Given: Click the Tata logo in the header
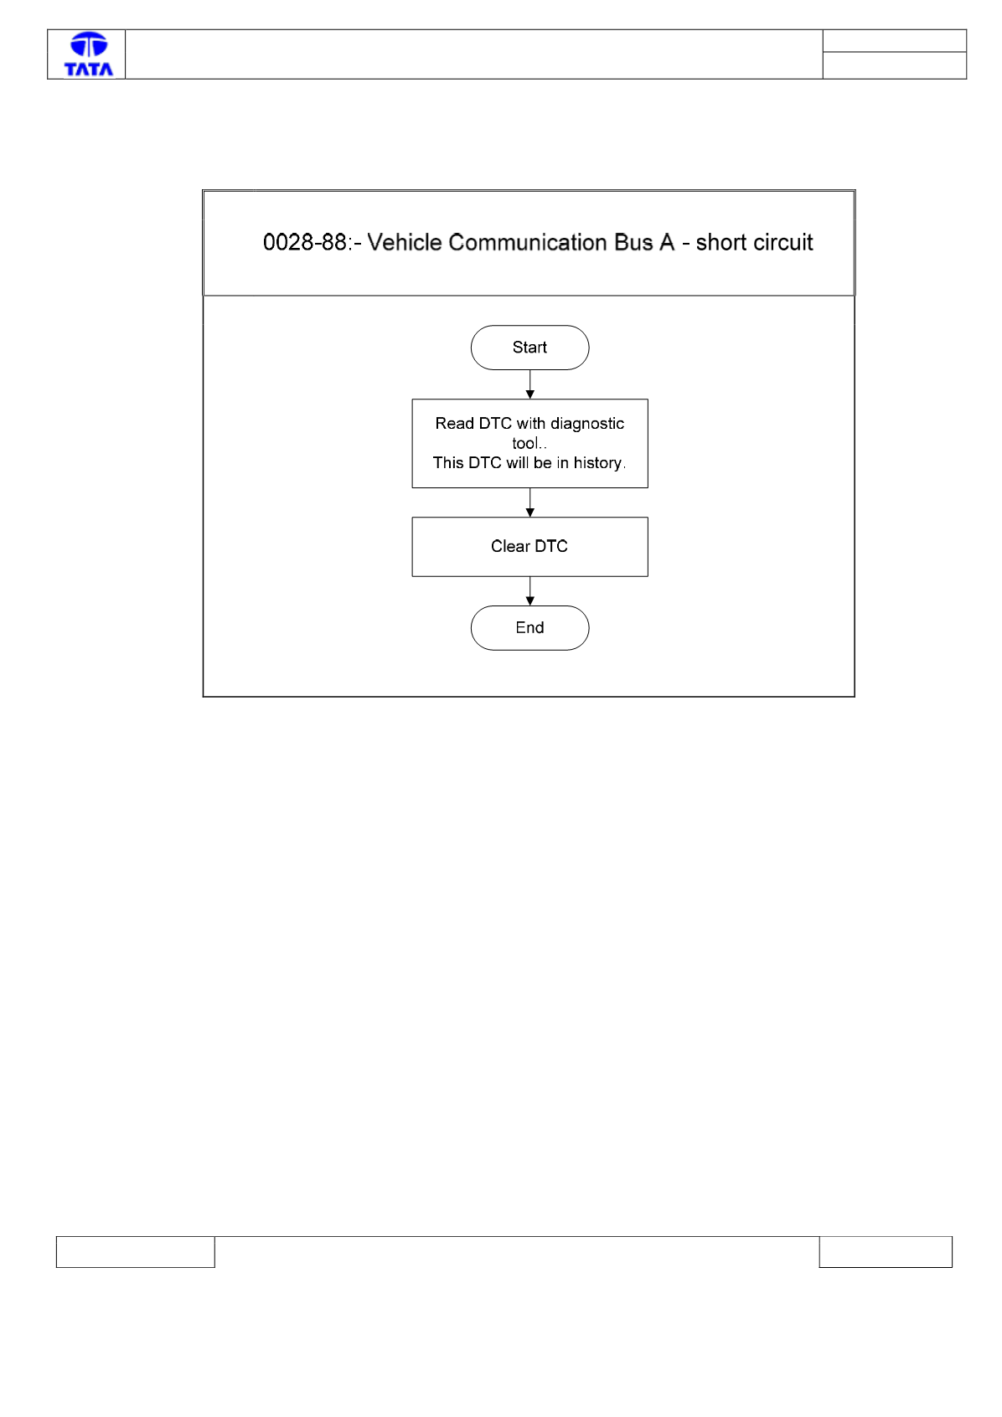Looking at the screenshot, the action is (89, 54).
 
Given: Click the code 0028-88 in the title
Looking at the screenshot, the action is (304, 242).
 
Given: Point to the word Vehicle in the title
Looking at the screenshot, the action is (404, 242).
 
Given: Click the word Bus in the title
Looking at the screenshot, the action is (633, 242).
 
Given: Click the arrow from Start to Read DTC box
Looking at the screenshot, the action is (529, 384).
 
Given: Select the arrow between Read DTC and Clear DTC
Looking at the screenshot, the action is (529, 502).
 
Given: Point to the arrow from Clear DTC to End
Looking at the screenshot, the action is (529, 591).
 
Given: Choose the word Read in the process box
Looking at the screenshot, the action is (454, 423).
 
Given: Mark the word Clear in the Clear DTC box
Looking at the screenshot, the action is (510, 546).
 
